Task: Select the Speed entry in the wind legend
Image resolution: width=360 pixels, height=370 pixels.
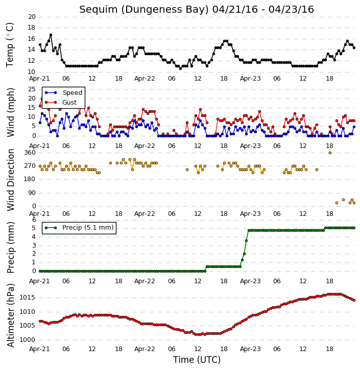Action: point(63,92)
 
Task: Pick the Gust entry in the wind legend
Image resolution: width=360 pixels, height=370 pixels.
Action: point(61,102)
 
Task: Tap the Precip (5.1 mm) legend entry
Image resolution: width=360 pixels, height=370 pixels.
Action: point(79,228)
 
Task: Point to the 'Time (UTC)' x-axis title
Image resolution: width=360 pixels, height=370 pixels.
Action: point(197,360)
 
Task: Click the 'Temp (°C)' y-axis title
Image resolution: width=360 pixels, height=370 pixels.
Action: point(10,45)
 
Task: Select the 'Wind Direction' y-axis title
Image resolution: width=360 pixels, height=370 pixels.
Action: point(11,180)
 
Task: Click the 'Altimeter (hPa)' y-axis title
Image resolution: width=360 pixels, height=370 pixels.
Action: point(11,315)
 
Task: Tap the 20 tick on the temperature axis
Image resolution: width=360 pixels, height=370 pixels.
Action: point(32,17)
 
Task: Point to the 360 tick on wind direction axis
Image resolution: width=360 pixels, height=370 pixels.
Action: point(30,153)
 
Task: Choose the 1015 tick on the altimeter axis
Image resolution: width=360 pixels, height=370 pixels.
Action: point(27,298)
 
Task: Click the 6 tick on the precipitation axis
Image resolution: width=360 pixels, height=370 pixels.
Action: point(34,220)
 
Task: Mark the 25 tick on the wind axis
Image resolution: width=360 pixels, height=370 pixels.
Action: point(32,89)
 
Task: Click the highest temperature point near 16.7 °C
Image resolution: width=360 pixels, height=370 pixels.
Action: point(51,35)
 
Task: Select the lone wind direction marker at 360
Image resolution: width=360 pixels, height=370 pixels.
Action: point(330,153)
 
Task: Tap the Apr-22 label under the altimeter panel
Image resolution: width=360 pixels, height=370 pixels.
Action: point(145,349)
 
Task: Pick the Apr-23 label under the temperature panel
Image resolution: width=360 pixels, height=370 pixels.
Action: point(250,79)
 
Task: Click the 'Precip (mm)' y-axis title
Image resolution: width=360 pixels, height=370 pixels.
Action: point(11,248)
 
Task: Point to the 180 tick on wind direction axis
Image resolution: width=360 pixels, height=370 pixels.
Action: point(30,179)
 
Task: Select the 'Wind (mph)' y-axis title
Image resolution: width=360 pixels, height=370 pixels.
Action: point(11,112)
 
